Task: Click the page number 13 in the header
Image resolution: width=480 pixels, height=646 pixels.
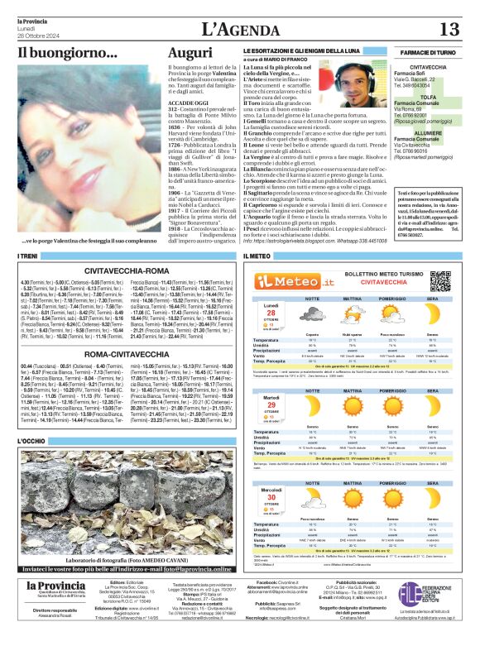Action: (449, 29)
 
